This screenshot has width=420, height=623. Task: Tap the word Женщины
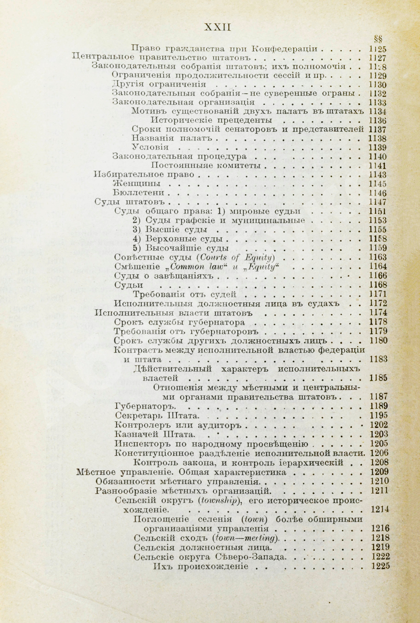(137, 184)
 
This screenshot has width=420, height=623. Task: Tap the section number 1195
(378, 415)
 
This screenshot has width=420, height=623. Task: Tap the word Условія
(150, 147)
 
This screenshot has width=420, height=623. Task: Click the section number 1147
(378, 201)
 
